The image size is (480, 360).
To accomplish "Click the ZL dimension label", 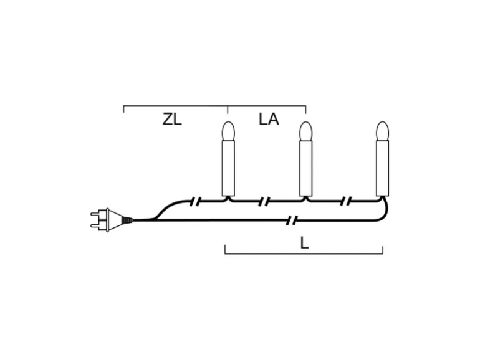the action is (172, 120).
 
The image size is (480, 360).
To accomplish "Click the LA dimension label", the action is (269, 120).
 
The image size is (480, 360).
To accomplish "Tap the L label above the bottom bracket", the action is (304, 243).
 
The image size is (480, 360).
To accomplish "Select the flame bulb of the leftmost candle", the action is (228, 131).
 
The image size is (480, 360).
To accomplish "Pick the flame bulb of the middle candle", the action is (305, 131).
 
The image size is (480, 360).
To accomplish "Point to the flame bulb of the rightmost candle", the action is (383, 131).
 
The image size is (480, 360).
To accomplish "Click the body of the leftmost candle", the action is (228, 168).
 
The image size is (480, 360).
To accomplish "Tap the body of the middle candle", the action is (305, 168).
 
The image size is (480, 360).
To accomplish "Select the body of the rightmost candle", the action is (383, 168).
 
